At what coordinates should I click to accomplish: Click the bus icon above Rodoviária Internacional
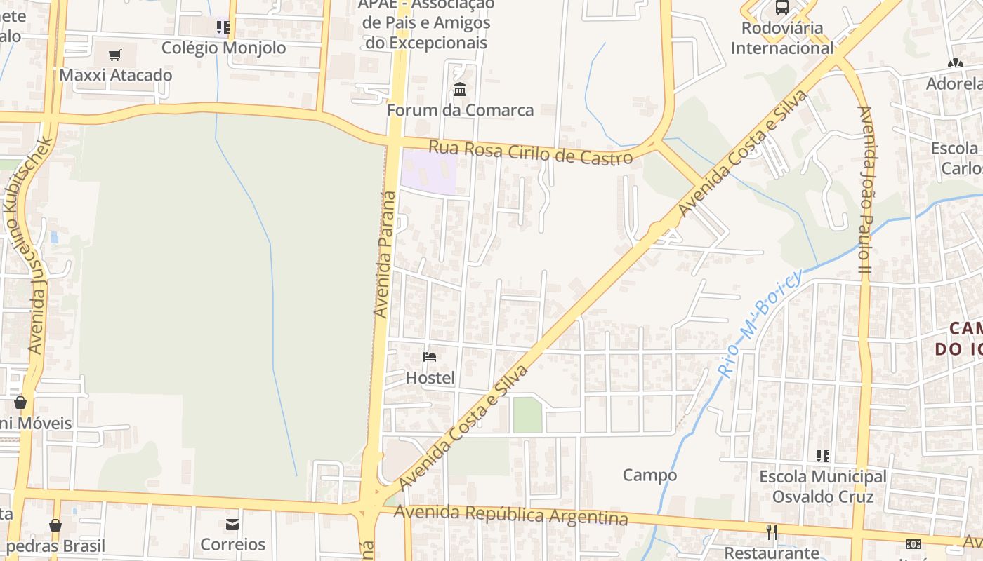point(781,8)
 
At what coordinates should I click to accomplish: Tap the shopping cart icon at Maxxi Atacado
point(115,55)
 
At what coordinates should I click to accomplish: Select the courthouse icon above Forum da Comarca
point(460,89)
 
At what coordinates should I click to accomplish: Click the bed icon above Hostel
point(430,357)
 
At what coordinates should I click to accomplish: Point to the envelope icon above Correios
point(232,524)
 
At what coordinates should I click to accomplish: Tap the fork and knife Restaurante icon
point(771,532)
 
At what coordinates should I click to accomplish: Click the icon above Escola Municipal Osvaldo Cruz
point(822,456)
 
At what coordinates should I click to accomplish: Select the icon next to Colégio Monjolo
point(223,28)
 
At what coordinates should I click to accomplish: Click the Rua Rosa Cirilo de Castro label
point(530,153)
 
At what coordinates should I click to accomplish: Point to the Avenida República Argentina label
point(510,515)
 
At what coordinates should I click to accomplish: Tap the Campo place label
point(649,475)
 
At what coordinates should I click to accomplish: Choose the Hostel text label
point(430,378)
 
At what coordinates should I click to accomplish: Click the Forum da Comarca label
point(460,110)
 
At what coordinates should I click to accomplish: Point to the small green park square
point(527,415)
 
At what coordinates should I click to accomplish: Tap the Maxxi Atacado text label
point(116,75)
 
